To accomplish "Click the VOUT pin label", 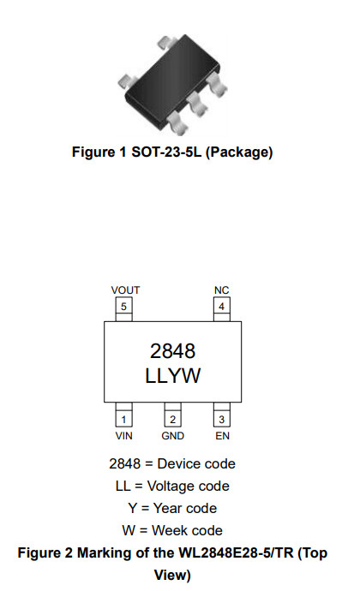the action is pyautogui.click(x=125, y=290).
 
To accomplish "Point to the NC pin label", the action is pyautogui.click(x=221, y=290).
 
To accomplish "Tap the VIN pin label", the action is pyautogui.click(x=123, y=436).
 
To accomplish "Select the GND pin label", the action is pyautogui.click(x=173, y=436).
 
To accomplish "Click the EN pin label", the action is pyautogui.click(x=222, y=436).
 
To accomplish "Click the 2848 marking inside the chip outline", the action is pyautogui.click(x=173, y=351).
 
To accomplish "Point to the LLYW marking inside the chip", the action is pyautogui.click(x=173, y=375).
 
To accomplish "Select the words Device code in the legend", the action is pyautogui.click(x=196, y=463).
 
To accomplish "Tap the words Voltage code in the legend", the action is pyautogui.click(x=188, y=487).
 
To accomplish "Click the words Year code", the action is pyautogui.click(x=185, y=508).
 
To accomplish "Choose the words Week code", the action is pyautogui.click(x=187, y=530).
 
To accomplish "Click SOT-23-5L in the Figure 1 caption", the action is pyautogui.click(x=166, y=152).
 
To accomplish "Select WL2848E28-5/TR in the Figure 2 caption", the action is pyautogui.click(x=236, y=552).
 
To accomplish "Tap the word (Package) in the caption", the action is pyautogui.click(x=239, y=152).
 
